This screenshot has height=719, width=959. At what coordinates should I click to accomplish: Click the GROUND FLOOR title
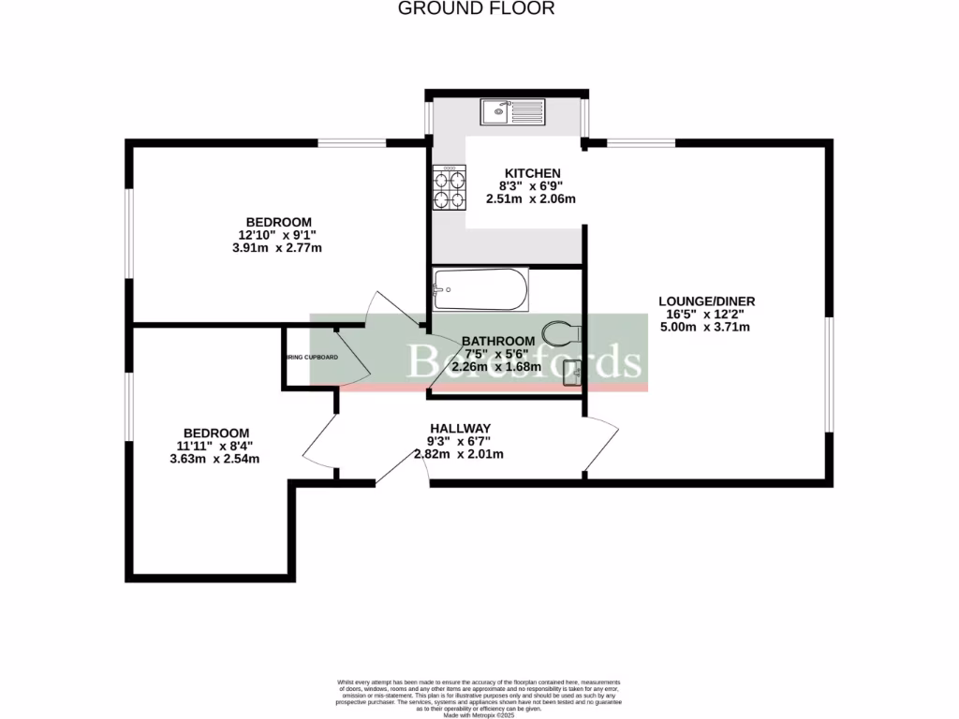pyautogui.click(x=477, y=8)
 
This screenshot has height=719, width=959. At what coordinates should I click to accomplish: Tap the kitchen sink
pyautogui.click(x=511, y=112)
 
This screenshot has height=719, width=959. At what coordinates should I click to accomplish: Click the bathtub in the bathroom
pyautogui.click(x=480, y=291)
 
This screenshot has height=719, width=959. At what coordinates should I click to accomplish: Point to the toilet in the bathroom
pyautogui.click(x=565, y=331)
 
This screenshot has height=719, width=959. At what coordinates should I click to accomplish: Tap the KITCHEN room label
pyautogui.click(x=532, y=173)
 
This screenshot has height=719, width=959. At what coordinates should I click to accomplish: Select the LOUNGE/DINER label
pyautogui.click(x=706, y=301)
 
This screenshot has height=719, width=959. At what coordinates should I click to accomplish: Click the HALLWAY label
pyautogui.click(x=460, y=428)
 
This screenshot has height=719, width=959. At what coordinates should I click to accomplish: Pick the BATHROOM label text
pyautogui.click(x=497, y=341)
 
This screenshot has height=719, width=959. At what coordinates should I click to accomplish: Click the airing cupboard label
pyautogui.click(x=312, y=358)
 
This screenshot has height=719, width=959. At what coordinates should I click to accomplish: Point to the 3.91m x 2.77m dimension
pyautogui.click(x=277, y=248)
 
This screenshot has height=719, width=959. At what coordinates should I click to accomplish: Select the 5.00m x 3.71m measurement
pyautogui.click(x=706, y=328)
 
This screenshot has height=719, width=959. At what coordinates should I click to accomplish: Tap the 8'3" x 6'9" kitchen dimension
pyautogui.click(x=531, y=185)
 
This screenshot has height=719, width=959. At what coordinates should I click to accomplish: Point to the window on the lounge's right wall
pyautogui.click(x=829, y=374)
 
